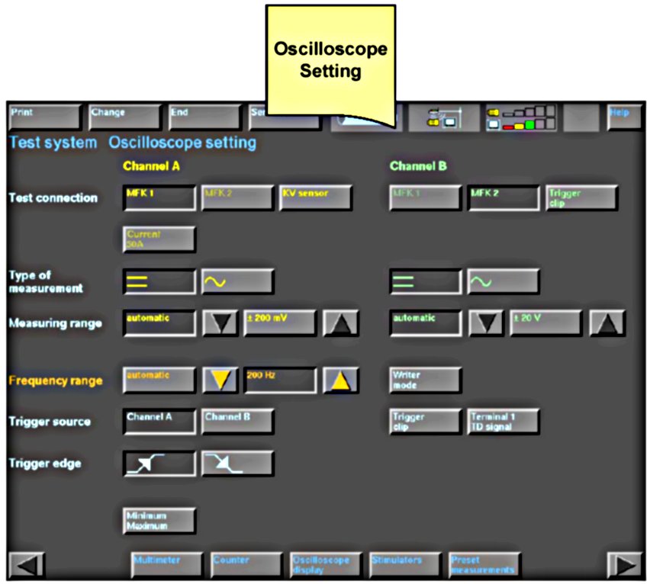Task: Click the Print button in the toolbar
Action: (x=43, y=117)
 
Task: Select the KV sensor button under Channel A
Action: (x=315, y=197)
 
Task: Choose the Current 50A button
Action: (x=159, y=239)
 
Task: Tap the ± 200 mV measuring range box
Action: (x=279, y=322)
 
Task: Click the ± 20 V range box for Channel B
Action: (x=545, y=322)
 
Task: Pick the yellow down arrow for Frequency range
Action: (x=220, y=380)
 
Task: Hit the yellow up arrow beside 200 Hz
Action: (x=340, y=380)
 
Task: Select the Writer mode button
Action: (x=425, y=380)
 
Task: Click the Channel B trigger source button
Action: (x=237, y=421)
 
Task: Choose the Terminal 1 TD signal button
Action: (x=503, y=421)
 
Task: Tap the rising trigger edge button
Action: (x=159, y=463)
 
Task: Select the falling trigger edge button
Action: (x=237, y=463)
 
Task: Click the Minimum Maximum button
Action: (x=159, y=521)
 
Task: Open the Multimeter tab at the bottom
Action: (x=166, y=564)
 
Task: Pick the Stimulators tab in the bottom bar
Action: (x=404, y=564)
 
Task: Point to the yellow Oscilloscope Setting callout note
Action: (x=330, y=61)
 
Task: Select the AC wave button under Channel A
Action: (x=237, y=281)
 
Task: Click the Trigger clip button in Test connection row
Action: (x=581, y=197)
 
